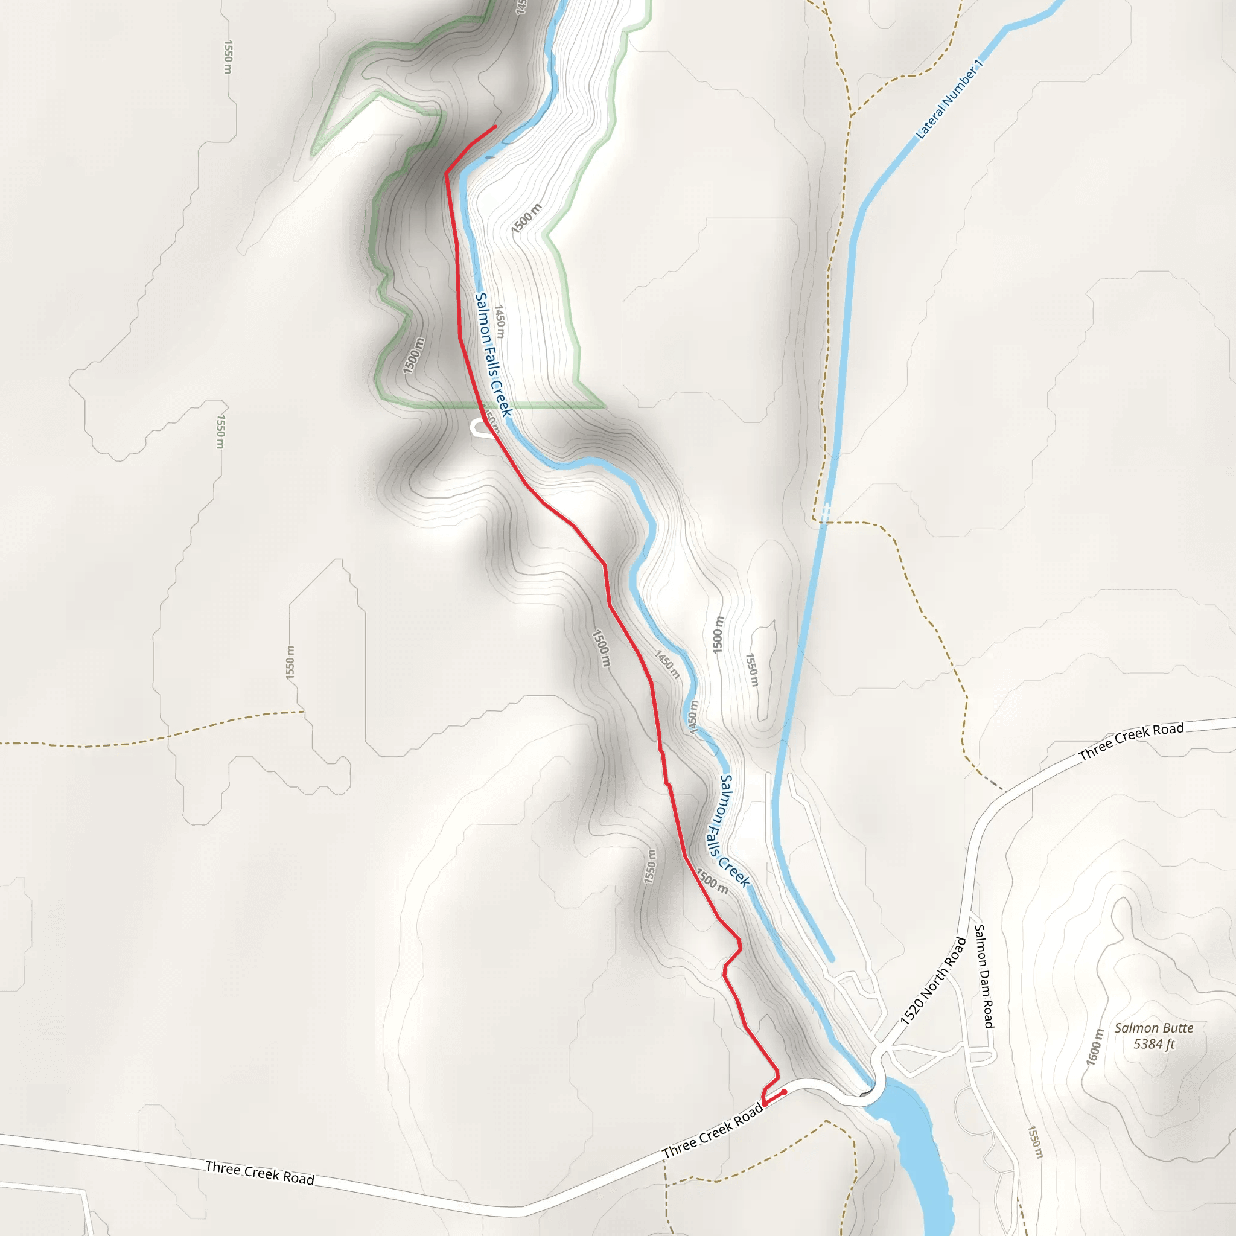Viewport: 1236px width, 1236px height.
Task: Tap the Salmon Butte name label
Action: pyautogui.click(x=1153, y=1028)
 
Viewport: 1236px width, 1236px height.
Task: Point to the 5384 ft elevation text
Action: pyautogui.click(x=1153, y=1045)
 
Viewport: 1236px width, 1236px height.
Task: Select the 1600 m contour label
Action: pyautogui.click(x=1095, y=1046)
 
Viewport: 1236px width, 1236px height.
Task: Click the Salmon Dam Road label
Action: pyautogui.click(x=984, y=976)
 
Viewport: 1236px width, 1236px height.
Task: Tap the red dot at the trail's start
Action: pyautogui.click(x=784, y=1091)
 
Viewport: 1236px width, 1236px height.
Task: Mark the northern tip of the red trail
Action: pyautogui.click(x=495, y=127)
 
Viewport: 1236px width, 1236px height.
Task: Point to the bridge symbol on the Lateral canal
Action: pyautogui.click(x=826, y=511)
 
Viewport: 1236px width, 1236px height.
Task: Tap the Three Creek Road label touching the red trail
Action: pyautogui.click(x=713, y=1131)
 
